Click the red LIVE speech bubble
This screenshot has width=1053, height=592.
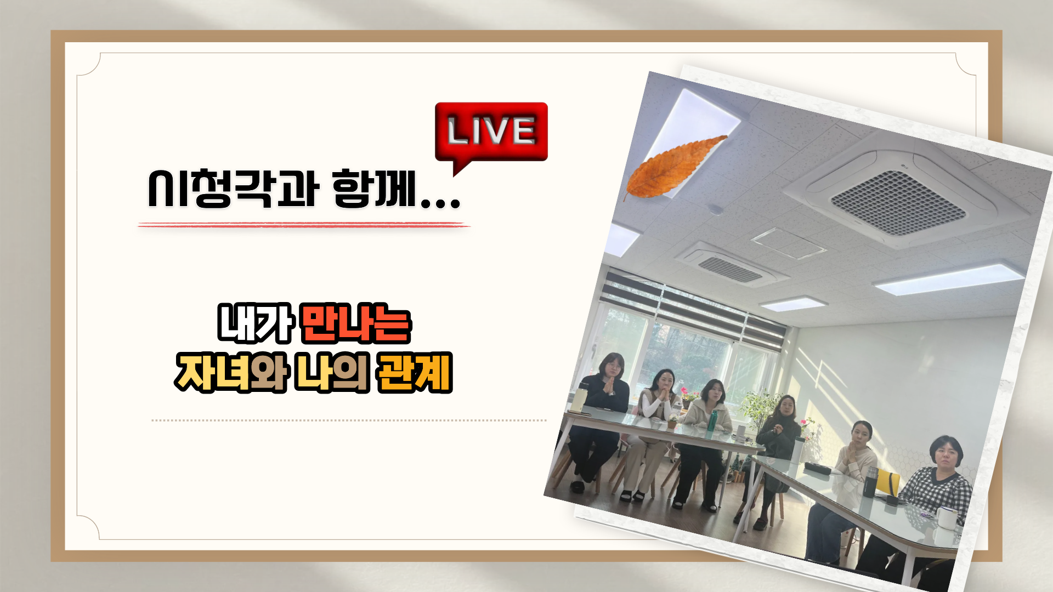coord(491,133)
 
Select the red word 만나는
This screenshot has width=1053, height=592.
coord(356,323)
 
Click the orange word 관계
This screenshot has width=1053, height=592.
coord(415,373)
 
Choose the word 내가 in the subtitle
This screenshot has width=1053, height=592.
coord(256,323)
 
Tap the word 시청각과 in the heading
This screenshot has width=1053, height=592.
coord(234,188)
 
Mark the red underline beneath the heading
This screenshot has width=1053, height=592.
coord(304,225)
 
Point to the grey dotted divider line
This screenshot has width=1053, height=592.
coord(349,420)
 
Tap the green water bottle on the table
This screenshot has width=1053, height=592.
coord(712,421)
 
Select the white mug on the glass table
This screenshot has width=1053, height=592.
coord(946,518)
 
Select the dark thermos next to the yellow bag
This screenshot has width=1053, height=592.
coord(870,481)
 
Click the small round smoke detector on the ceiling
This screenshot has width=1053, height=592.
coord(715,209)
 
